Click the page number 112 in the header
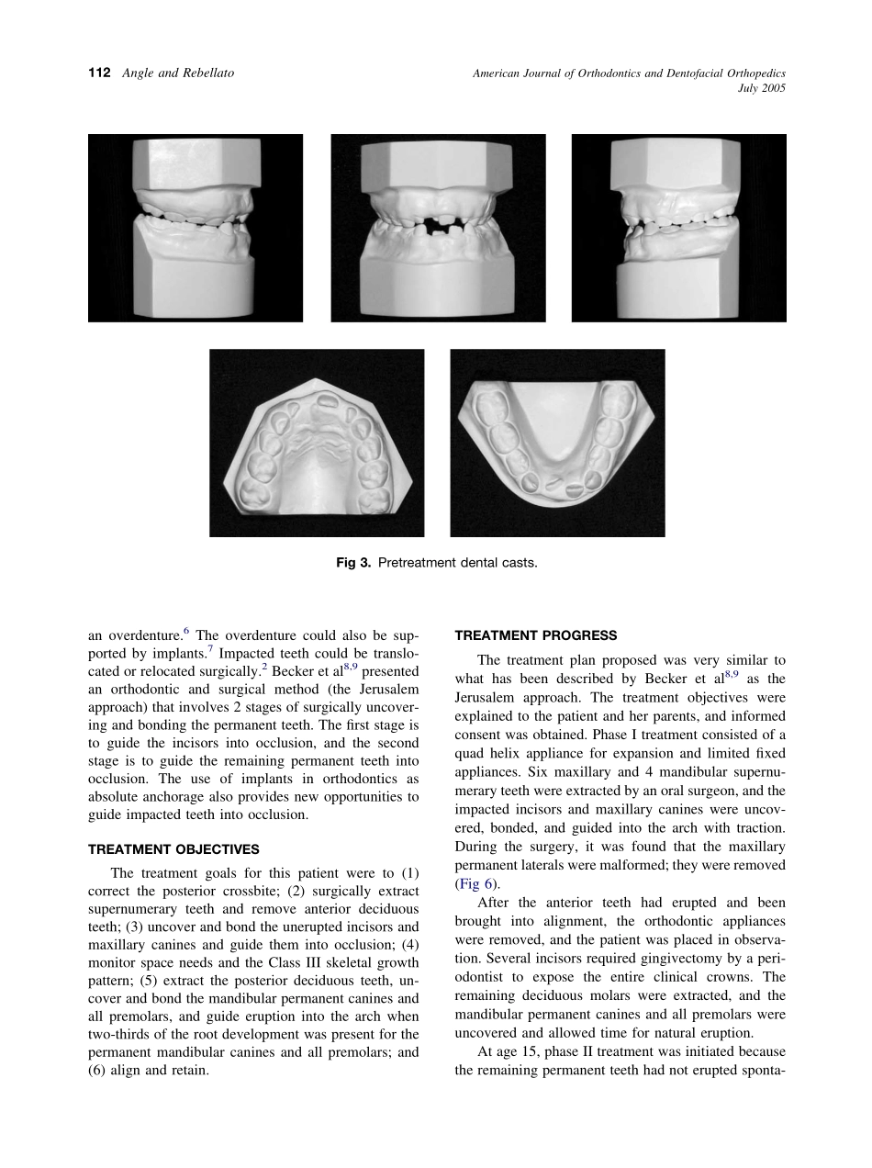click(x=99, y=73)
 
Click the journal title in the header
click(x=629, y=73)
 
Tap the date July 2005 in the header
click(x=761, y=88)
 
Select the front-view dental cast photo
click(x=438, y=228)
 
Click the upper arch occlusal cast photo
click(x=317, y=443)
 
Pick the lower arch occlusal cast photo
click(x=557, y=443)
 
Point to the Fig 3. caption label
click(x=355, y=563)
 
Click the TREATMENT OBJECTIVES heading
click(x=173, y=849)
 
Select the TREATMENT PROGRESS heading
click(x=536, y=635)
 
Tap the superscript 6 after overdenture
click(x=186, y=631)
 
